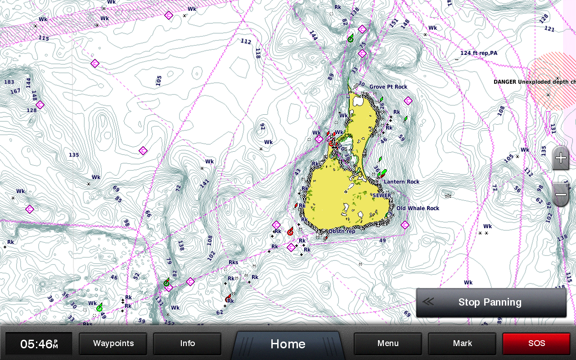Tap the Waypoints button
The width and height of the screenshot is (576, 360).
(x=113, y=344)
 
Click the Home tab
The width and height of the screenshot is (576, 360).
(x=288, y=344)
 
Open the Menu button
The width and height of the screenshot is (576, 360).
(x=388, y=344)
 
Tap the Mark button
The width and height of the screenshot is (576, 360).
(x=462, y=344)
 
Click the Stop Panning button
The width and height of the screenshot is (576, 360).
(x=490, y=302)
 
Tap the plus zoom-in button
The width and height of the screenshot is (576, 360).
(x=561, y=158)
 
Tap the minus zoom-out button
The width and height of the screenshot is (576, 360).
(x=561, y=195)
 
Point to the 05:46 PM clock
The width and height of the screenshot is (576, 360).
(x=39, y=344)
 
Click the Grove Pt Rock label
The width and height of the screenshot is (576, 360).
(x=388, y=87)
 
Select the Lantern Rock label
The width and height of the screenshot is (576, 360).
(x=401, y=182)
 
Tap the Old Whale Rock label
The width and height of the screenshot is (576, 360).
(x=418, y=208)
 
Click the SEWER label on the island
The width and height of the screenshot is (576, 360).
(x=381, y=196)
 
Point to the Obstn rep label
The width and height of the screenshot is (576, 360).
(x=342, y=231)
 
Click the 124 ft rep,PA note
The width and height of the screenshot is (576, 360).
(x=479, y=53)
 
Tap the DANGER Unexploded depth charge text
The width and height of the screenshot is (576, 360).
(x=534, y=82)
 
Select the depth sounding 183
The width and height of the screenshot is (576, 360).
(x=9, y=82)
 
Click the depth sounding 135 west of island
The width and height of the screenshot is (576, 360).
(x=74, y=155)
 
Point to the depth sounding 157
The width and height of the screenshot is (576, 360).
(x=169, y=322)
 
